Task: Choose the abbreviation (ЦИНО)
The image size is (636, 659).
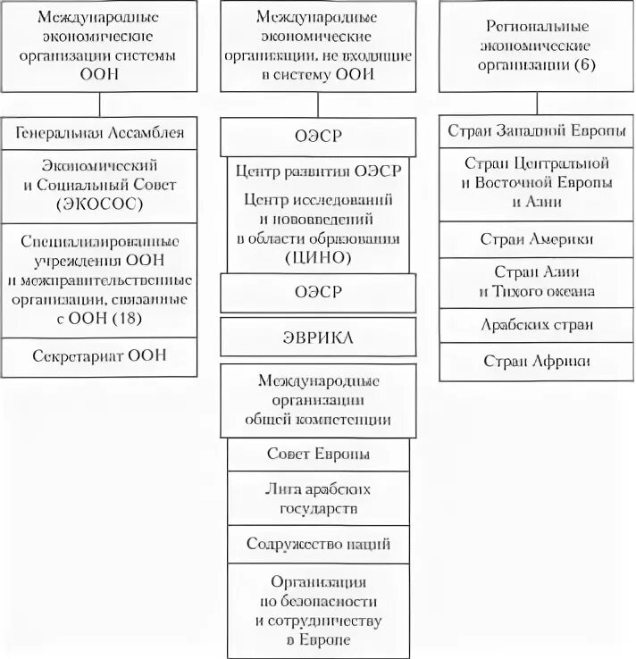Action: [x=319, y=257]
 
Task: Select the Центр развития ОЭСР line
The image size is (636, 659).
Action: [x=319, y=171]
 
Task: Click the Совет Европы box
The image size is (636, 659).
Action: [x=319, y=454]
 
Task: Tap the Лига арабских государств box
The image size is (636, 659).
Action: [x=319, y=499]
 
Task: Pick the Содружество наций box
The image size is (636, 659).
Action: [x=319, y=544]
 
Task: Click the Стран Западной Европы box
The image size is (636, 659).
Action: [x=536, y=131]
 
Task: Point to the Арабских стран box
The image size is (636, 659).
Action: [x=536, y=325]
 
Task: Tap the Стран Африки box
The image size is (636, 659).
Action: [x=536, y=361]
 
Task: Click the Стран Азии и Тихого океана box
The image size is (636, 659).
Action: [x=536, y=281]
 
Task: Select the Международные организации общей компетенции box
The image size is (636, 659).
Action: [x=319, y=400]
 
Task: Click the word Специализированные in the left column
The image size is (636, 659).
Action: [x=100, y=241]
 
